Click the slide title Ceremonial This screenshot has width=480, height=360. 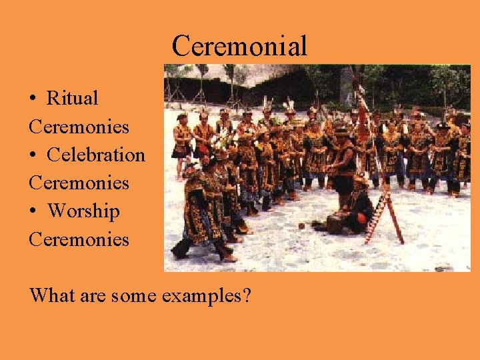pyautogui.click(x=239, y=46)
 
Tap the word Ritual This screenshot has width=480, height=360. pyautogui.click(x=72, y=98)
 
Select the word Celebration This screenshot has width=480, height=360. pyautogui.click(x=95, y=155)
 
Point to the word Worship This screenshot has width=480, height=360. pyautogui.click(x=83, y=211)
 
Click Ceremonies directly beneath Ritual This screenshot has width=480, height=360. pyautogui.click(x=79, y=126)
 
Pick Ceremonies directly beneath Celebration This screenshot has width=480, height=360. pyautogui.click(x=79, y=183)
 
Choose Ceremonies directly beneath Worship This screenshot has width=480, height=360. pyautogui.click(x=79, y=239)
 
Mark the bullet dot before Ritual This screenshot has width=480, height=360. pyautogui.click(x=33, y=99)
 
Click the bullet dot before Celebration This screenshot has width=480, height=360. pyautogui.click(x=33, y=155)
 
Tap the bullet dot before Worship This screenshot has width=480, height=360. pyautogui.click(x=33, y=212)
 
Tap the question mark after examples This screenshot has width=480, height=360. pyautogui.click(x=247, y=294)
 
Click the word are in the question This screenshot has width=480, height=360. pyautogui.click(x=94, y=295)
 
